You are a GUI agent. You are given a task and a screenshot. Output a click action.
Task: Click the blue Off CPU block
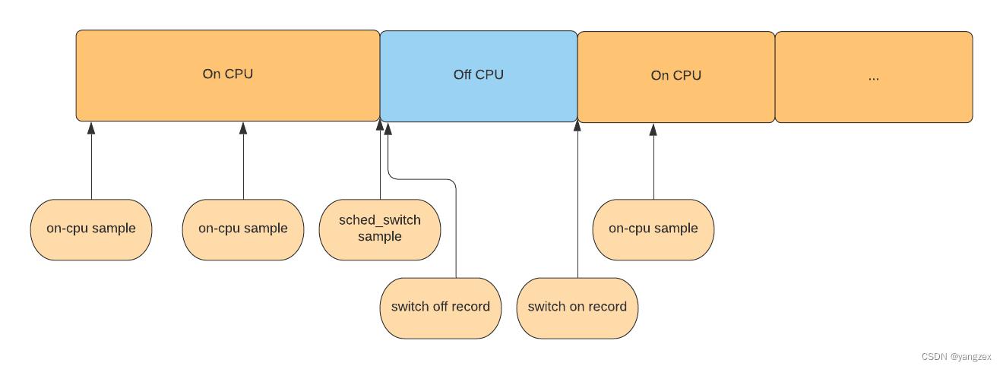tap(479, 76)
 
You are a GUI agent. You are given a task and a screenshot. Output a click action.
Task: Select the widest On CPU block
tap(228, 75)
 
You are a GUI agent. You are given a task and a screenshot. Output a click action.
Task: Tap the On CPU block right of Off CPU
tap(676, 77)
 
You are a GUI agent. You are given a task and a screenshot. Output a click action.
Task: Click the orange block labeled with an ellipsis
tap(874, 77)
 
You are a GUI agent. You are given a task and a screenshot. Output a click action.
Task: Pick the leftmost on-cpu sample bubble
tap(91, 229)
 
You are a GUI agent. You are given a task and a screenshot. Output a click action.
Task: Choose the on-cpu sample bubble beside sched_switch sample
tap(243, 229)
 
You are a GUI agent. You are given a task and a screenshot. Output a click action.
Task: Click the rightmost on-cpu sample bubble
tap(653, 229)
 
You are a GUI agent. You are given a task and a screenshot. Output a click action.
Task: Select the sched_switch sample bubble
tap(380, 229)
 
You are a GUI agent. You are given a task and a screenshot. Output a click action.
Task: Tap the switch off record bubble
tap(441, 308)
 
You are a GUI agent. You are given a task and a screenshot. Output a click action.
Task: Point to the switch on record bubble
tap(577, 308)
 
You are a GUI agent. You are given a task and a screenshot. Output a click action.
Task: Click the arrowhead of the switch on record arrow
tap(577, 125)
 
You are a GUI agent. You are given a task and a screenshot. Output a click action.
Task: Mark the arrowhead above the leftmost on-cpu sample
tap(91, 128)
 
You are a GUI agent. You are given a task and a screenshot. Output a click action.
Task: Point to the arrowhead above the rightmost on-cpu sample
tap(653, 129)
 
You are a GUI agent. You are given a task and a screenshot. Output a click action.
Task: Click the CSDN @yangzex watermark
tap(957, 357)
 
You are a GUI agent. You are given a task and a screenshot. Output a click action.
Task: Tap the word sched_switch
tap(380, 220)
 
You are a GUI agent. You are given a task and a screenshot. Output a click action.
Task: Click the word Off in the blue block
tap(463, 74)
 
